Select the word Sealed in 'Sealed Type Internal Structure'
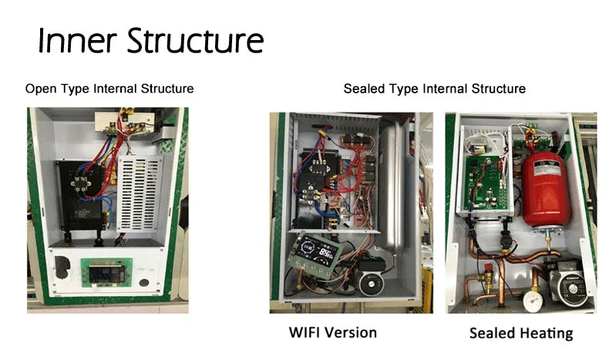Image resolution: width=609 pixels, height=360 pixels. tap(362, 89)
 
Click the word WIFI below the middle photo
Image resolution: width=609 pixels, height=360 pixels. tap(307, 332)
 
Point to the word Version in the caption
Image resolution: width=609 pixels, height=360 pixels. tap(352, 332)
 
